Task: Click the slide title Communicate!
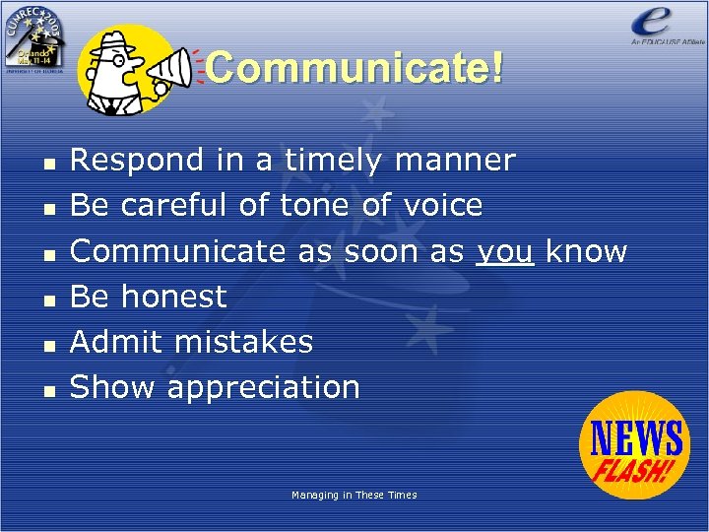click(354, 68)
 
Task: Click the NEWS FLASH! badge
click(635, 444)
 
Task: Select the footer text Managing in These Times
click(354, 495)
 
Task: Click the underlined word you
click(505, 251)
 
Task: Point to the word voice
click(443, 205)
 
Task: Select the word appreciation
click(264, 387)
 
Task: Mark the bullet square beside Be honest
click(48, 299)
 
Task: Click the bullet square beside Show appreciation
click(48, 390)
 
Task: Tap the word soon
click(382, 251)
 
